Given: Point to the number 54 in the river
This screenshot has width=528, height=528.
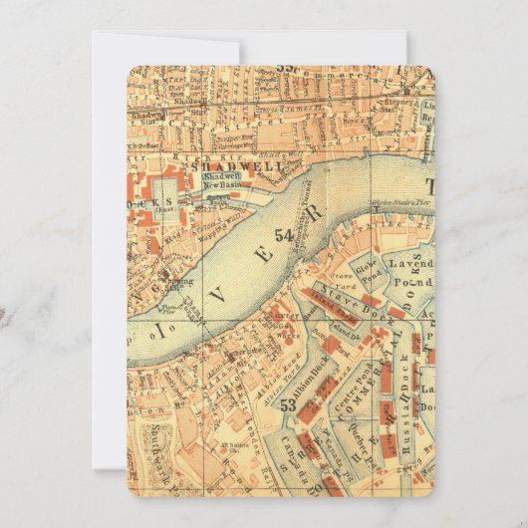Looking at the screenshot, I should click(284, 236).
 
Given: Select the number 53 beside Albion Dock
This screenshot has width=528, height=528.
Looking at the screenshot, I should click(288, 405).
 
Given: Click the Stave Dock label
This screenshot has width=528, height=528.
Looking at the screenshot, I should click(355, 298).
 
